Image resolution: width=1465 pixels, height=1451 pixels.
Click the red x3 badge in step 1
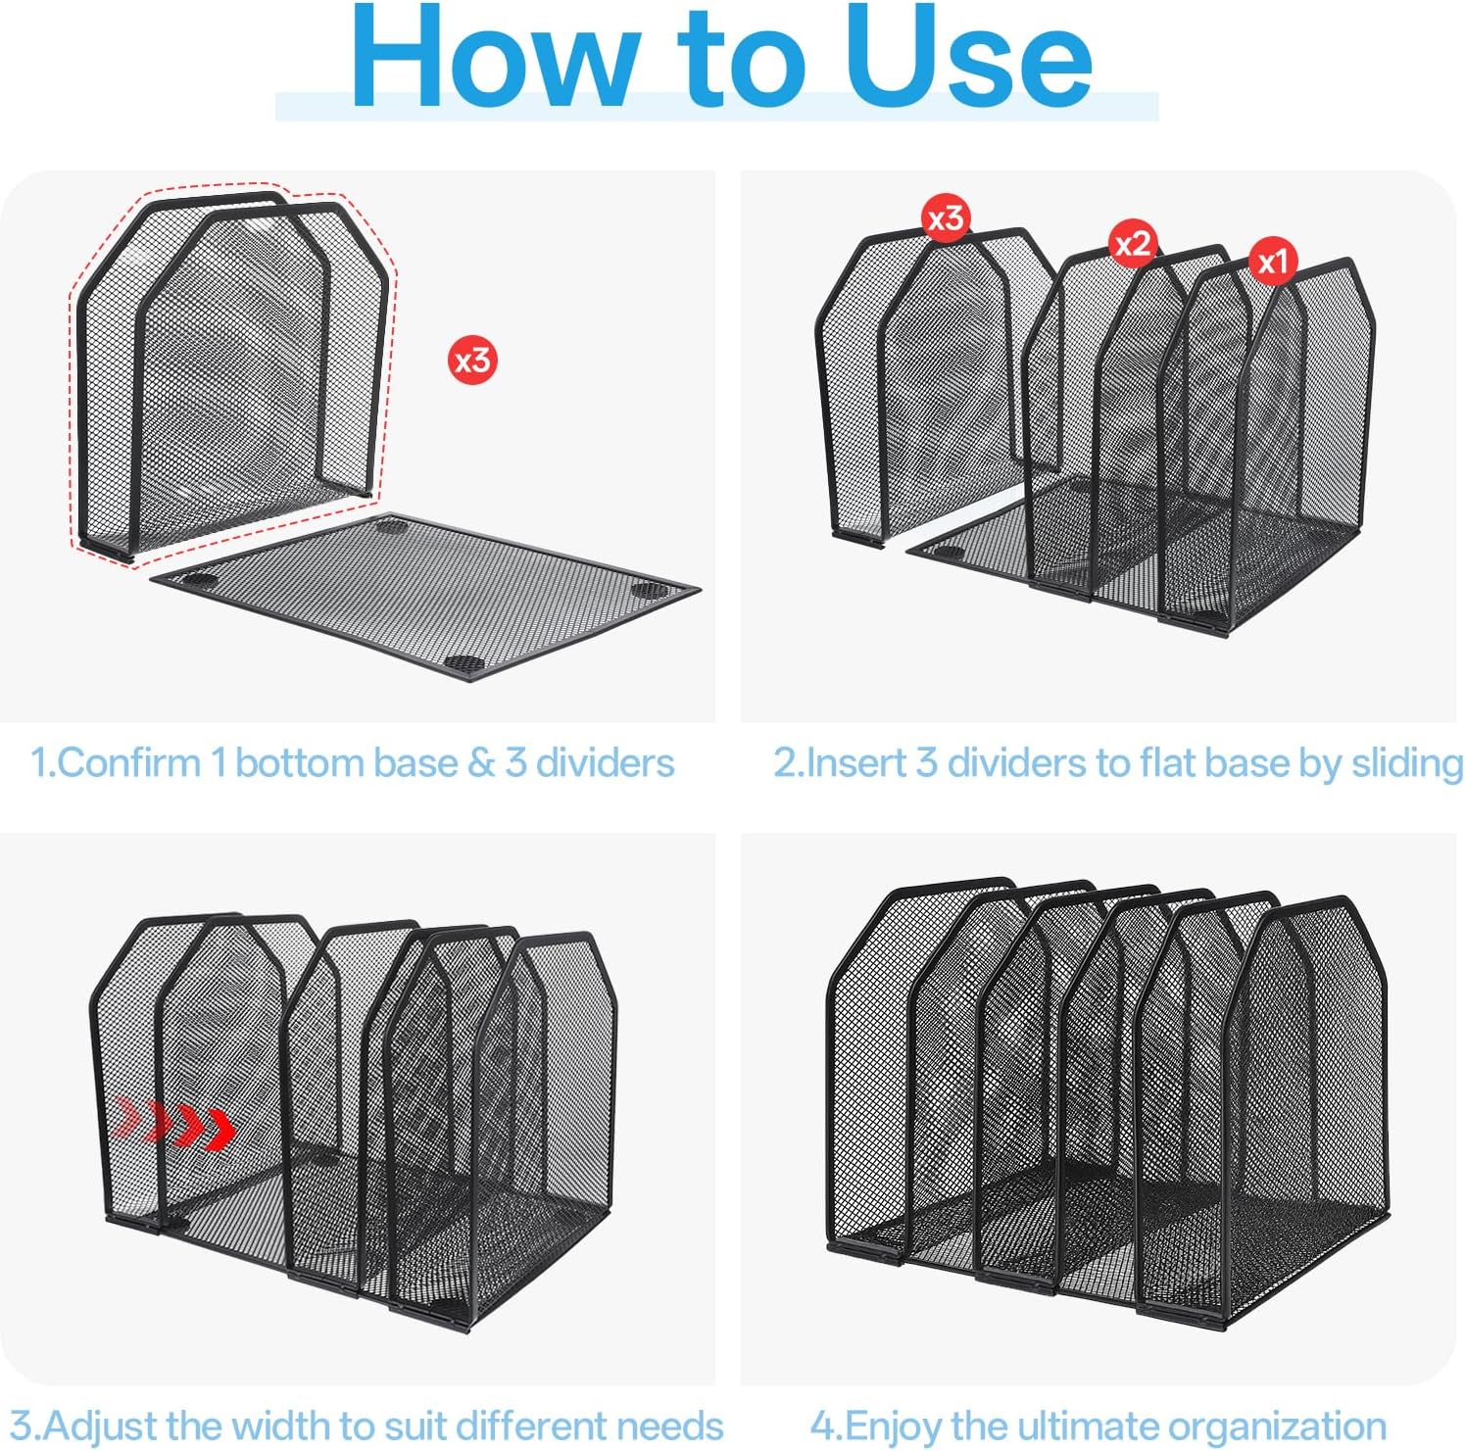pos(472,361)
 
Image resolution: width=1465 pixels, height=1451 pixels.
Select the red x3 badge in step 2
pos(947,218)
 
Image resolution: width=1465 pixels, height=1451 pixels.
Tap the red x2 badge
pos(1133,243)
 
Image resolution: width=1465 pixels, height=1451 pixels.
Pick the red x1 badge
pos(1273,262)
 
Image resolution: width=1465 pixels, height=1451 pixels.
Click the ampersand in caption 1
pos(481,763)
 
